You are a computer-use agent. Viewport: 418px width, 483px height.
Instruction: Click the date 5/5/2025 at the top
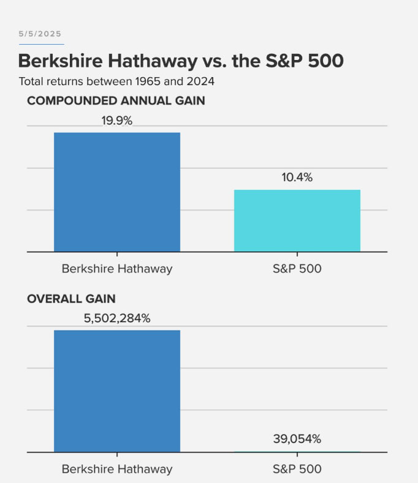40,34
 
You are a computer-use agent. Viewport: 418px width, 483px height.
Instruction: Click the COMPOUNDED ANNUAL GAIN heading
116,101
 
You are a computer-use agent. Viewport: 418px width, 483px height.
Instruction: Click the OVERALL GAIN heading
71,299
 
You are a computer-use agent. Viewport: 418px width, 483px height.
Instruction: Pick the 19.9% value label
116,121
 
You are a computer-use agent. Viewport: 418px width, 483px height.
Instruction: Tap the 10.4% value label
297,178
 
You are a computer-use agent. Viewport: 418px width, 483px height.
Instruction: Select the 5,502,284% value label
116,318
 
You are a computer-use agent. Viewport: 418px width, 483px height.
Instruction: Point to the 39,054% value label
297,438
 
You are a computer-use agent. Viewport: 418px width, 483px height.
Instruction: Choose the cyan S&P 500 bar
297,220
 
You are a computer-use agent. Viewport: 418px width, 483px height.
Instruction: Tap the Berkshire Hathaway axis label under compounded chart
117,269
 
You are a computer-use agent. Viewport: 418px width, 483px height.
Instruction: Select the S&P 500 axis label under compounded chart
297,269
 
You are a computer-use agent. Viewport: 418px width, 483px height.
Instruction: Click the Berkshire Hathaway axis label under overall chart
117,470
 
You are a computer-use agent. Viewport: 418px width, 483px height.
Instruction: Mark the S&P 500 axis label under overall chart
297,470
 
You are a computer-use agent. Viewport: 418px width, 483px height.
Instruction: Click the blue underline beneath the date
41,44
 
